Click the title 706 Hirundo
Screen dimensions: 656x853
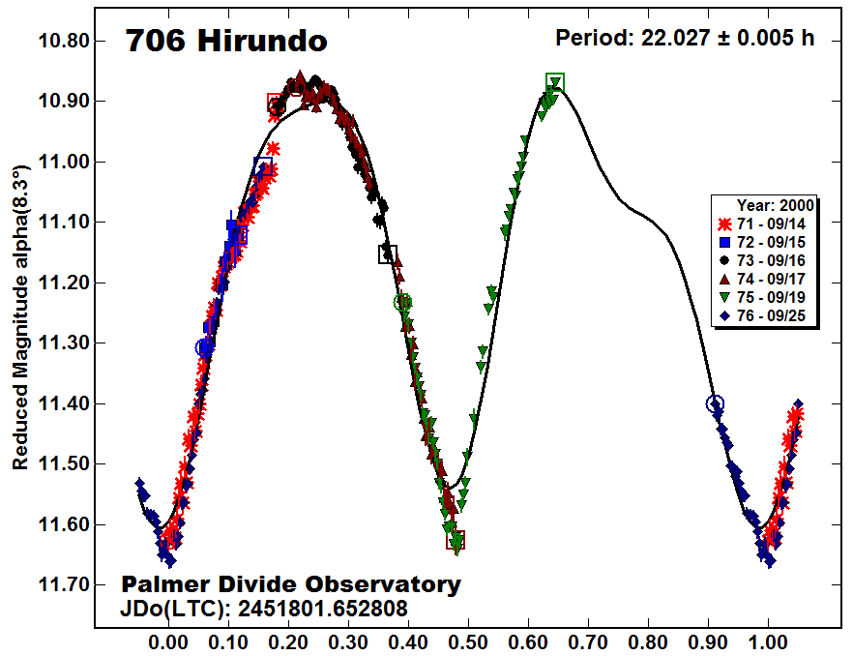tap(225, 42)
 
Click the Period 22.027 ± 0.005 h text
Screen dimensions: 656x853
tap(685, 38)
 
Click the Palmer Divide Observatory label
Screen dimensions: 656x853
tap(290, 584)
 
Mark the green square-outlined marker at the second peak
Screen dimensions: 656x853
tap(554, 82)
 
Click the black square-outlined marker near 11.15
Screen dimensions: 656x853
tap(387, 254)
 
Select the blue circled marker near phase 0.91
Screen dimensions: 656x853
tap(715, 403)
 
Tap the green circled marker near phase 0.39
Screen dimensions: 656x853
tap(403, 303)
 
